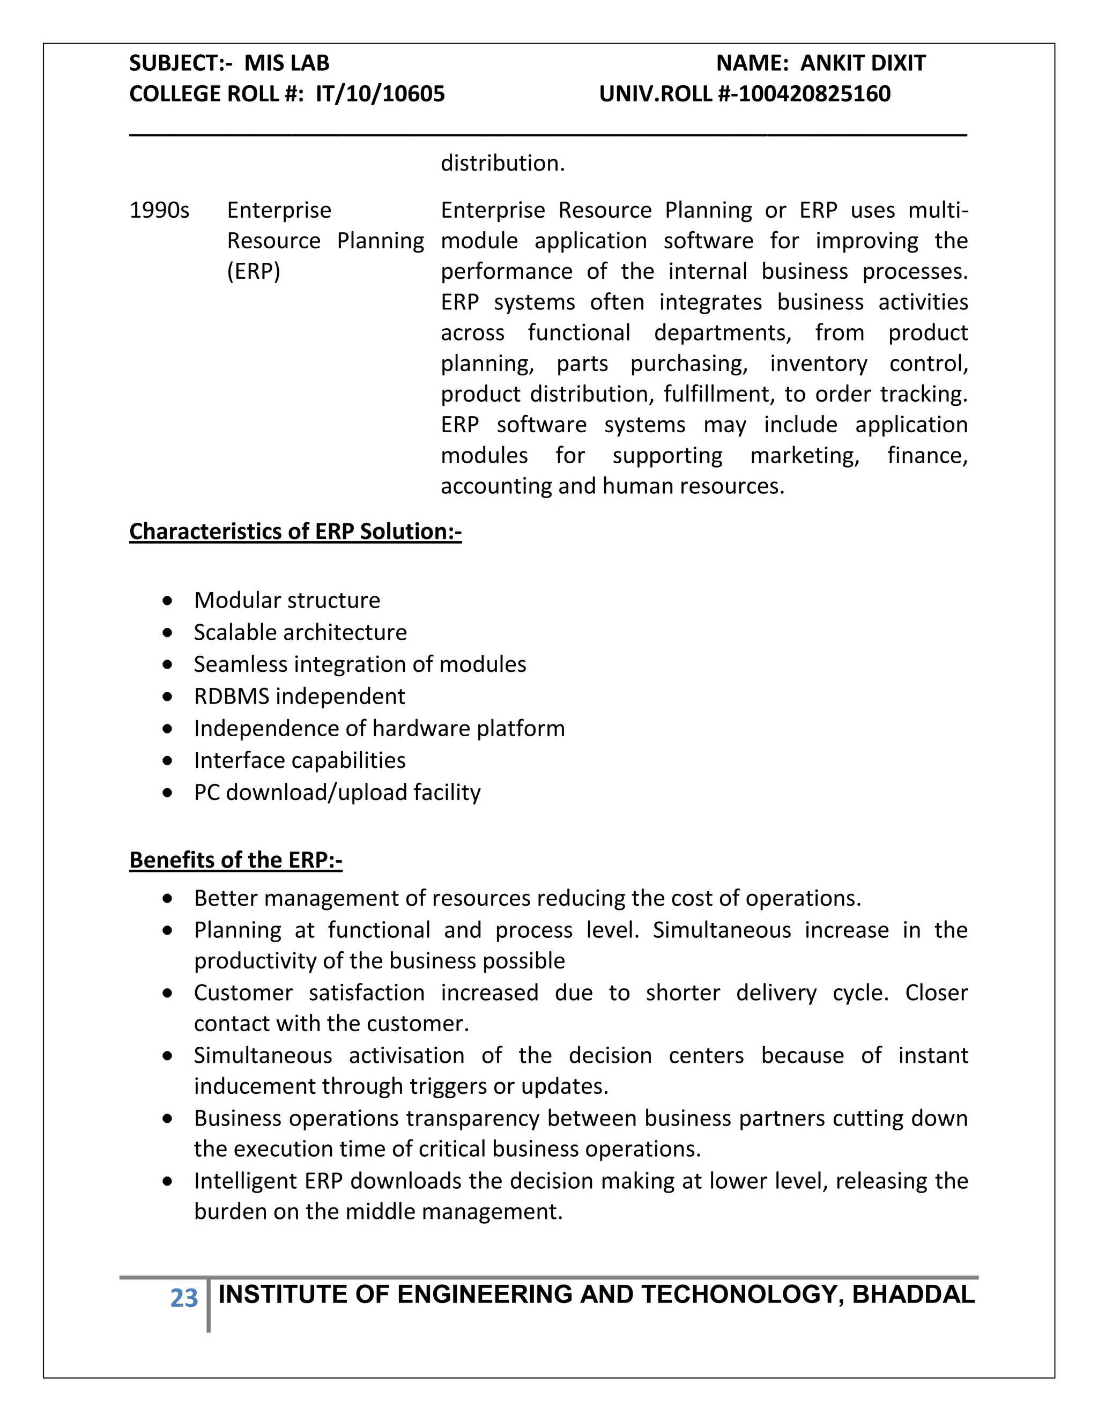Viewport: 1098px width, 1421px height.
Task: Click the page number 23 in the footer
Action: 183,1298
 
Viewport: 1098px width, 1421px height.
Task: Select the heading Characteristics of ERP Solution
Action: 295,531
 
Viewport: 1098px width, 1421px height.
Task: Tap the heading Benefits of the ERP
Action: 235,860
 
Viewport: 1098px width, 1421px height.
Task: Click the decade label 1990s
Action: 159,211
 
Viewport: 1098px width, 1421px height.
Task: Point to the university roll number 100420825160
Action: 814,94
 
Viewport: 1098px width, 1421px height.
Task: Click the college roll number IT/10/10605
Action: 380,94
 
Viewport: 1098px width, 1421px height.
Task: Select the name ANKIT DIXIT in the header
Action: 863,63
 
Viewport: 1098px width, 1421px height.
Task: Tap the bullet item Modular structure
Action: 287,601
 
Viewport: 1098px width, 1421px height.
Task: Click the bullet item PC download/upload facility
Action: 337,793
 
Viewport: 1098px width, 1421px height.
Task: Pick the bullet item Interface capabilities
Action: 299,760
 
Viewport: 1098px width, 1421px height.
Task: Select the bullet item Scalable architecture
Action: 300,632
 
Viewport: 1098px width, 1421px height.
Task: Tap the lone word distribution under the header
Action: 502,164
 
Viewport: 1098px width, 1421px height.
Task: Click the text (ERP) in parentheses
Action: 253,271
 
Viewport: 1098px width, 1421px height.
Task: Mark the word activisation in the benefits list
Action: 406,1055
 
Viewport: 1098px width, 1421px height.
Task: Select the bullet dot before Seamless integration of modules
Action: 168,665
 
